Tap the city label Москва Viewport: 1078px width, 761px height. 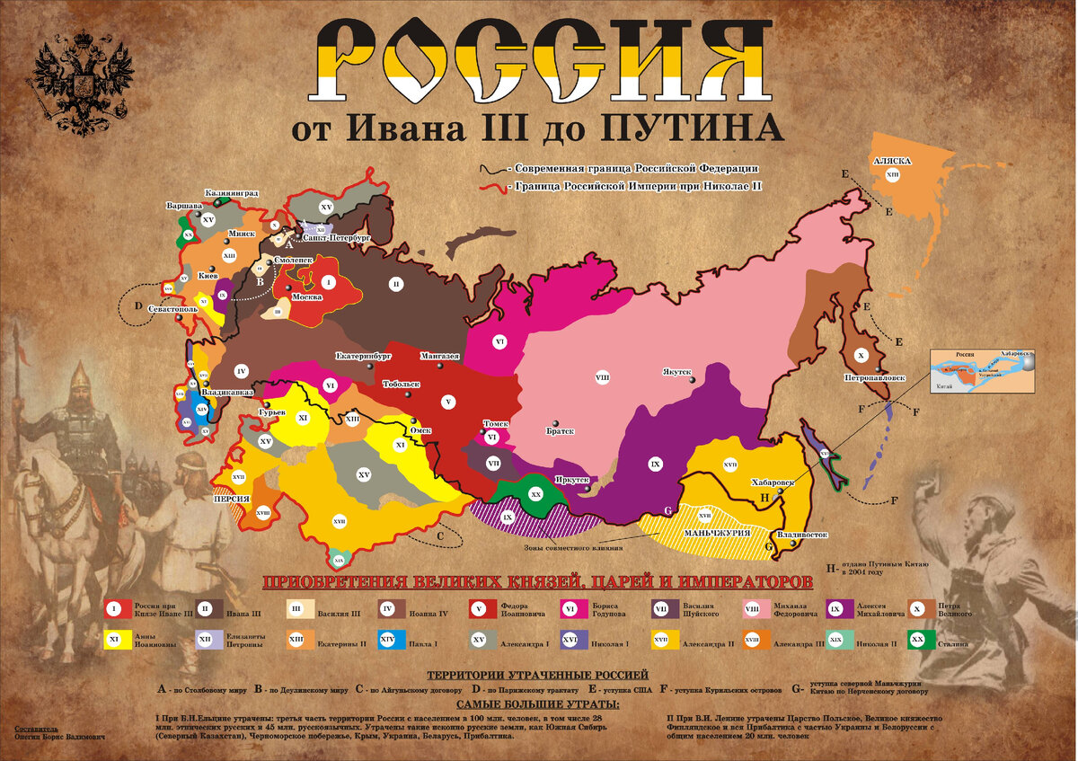[307, 296]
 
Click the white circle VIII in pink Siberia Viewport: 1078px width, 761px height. [602, 377]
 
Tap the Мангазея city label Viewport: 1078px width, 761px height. [440, 356]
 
